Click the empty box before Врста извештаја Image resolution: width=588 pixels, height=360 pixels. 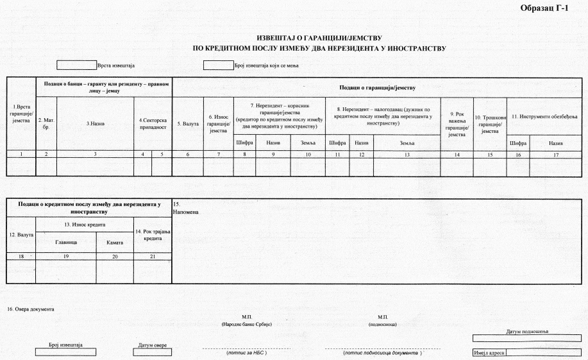[x=76, y=65]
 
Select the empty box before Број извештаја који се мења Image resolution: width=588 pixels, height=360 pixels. [x=218, y=65]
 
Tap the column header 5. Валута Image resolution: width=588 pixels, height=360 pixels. [x=187, y=123]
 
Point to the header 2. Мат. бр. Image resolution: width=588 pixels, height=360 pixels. [x=46, y=123]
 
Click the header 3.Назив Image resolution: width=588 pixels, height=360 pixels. [x=96, y=123]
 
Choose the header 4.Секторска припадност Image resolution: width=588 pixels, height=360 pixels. [x=153, y=123]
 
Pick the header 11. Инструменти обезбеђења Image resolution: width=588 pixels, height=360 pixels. [x=544, y=116]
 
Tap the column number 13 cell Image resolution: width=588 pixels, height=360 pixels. [x=407, y=154]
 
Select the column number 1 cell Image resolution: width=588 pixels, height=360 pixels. [x=21, y=154]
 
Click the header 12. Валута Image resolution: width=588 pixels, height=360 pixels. [x=21, y=234]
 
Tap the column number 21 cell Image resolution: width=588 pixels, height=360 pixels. [x=153, y=255]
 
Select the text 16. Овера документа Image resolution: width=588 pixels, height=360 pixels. [x=31, y=309]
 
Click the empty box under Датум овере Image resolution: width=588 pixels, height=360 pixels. [x=153, y=352]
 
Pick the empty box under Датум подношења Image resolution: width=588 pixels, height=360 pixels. [x=527, y=338]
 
